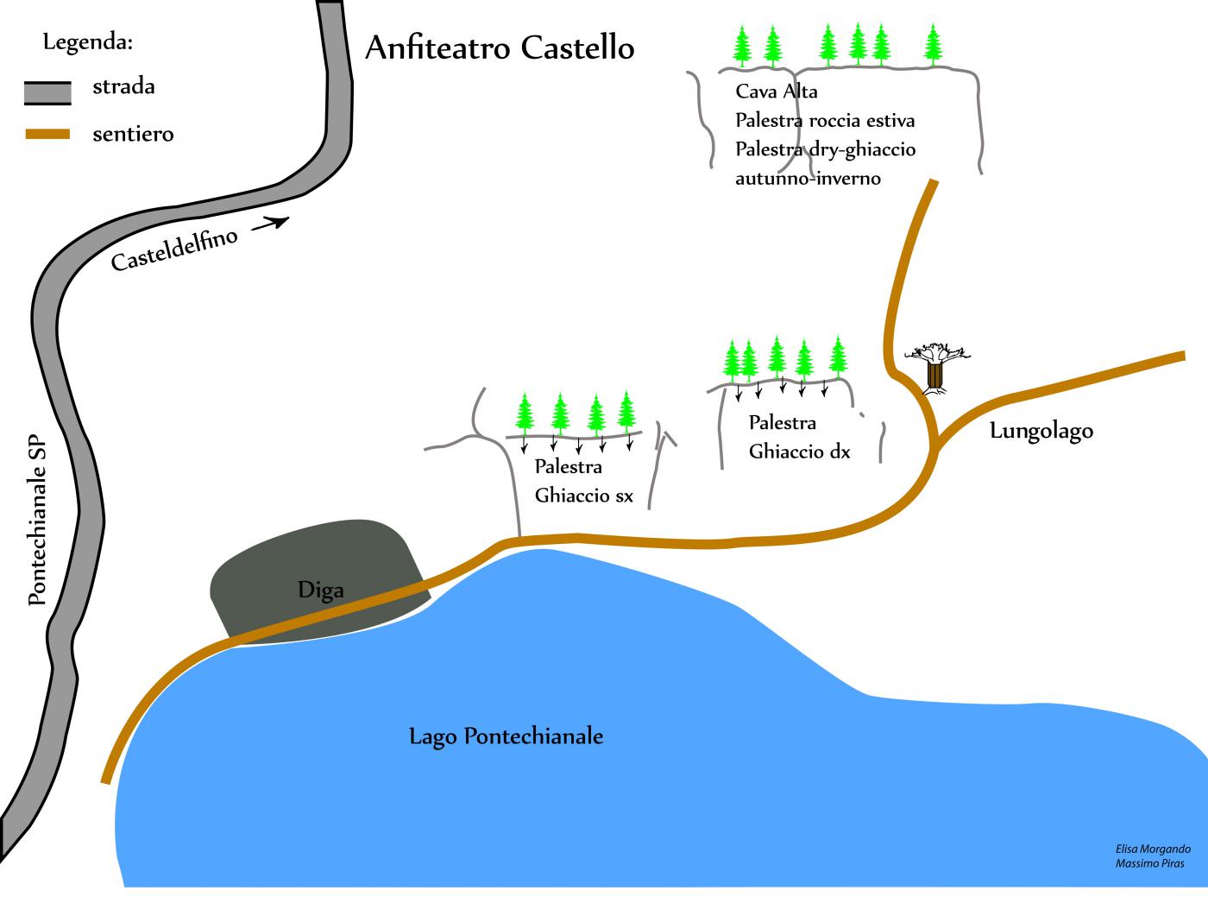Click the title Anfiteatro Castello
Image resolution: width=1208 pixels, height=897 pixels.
click(500, 47)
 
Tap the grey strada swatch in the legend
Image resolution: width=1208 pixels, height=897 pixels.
click(47, 92)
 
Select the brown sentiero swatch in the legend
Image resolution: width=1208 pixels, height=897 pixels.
click(47, 135)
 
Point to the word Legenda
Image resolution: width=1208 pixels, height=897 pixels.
click(87, 42)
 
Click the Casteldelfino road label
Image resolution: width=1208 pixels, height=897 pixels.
click(174, 250)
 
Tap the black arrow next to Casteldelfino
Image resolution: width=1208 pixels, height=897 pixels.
click(269, 225)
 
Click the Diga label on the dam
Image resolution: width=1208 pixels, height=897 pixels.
click(321, 591)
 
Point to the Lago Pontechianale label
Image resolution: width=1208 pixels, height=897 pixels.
click(506, 736)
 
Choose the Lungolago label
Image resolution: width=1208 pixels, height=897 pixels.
click(1041, 430)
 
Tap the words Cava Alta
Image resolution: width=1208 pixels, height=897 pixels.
click(777, 92)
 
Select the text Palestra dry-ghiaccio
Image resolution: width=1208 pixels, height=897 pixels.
click(825, 149)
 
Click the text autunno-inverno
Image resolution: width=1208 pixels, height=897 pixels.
click(808, 179)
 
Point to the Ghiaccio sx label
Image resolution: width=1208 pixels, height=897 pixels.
click(584, 496)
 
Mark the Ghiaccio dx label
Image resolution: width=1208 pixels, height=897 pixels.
click(799, 451)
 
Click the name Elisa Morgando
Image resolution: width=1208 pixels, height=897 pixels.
click(1152, 850)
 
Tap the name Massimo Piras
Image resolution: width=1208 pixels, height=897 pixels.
click(1149, 863)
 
